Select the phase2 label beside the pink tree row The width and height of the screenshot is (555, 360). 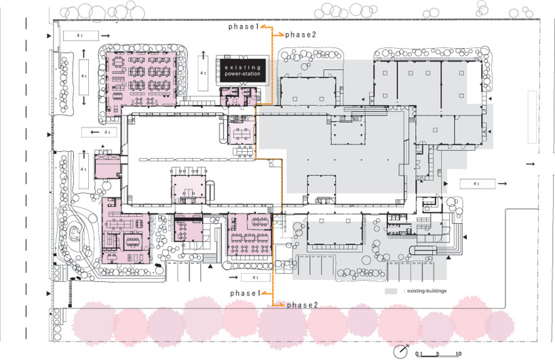click(302, 305)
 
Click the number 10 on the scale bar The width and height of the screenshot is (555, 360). click(459, 354)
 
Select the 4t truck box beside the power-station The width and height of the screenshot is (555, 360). click(203, 72)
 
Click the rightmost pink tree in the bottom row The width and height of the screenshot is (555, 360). click(499, 322)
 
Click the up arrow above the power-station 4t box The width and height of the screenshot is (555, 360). click(203, 52)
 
